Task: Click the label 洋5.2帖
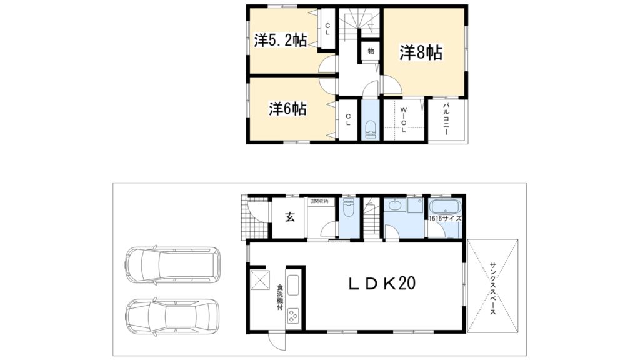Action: [280, 41]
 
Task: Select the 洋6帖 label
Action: [287, 108]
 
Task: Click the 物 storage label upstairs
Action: [371, 51]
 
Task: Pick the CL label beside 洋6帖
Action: [348, 119]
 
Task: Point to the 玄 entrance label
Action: [290, 217]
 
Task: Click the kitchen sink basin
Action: [293, 284]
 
